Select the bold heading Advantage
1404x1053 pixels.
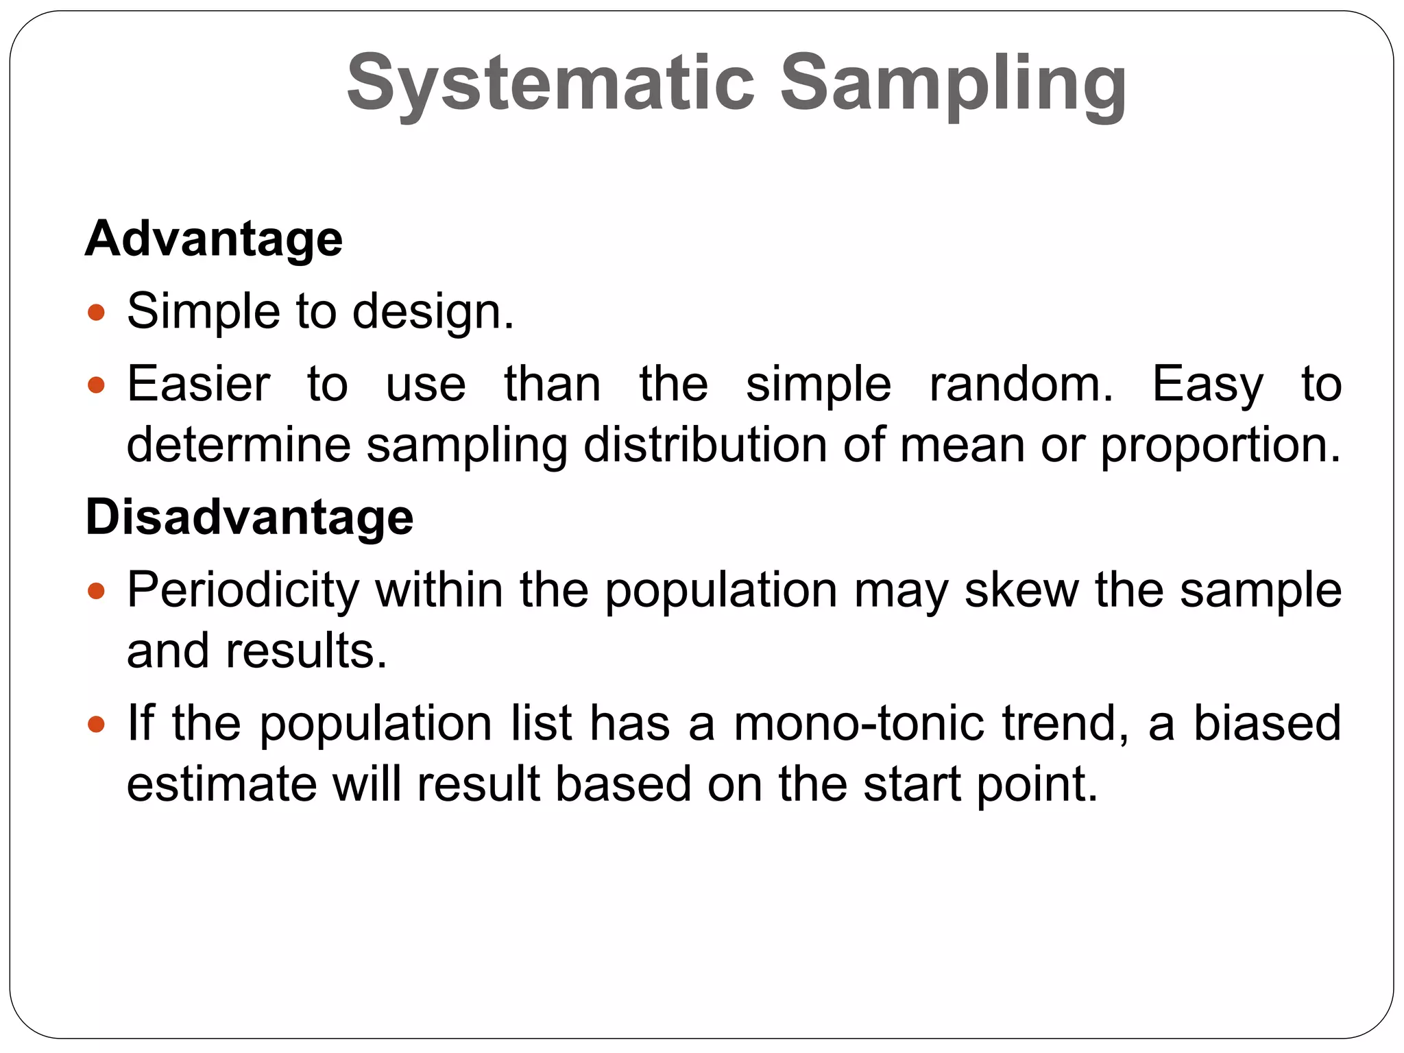coord(214,239)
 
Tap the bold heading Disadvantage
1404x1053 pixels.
coord(250,516)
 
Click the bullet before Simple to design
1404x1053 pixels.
coord(97,313)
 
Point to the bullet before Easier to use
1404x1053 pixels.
coord(97,385)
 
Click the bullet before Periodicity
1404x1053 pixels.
coord(97,591)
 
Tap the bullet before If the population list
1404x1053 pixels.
coord(97,725)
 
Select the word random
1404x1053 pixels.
coord(1021,384)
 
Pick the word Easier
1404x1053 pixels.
coord(199,384)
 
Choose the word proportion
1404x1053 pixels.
coord(1220,446)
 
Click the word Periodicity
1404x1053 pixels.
coord(243,591)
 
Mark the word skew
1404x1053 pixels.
coord(1021,590)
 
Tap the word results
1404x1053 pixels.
coord(306,651)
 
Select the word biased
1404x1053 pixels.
coord(1267,723)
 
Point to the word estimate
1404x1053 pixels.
coord(221,784)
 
